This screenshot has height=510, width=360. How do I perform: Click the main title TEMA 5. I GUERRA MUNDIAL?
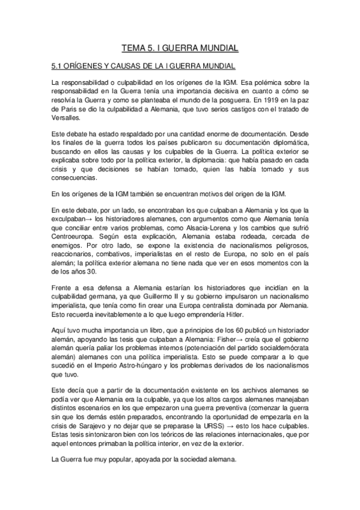coord(180,47)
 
